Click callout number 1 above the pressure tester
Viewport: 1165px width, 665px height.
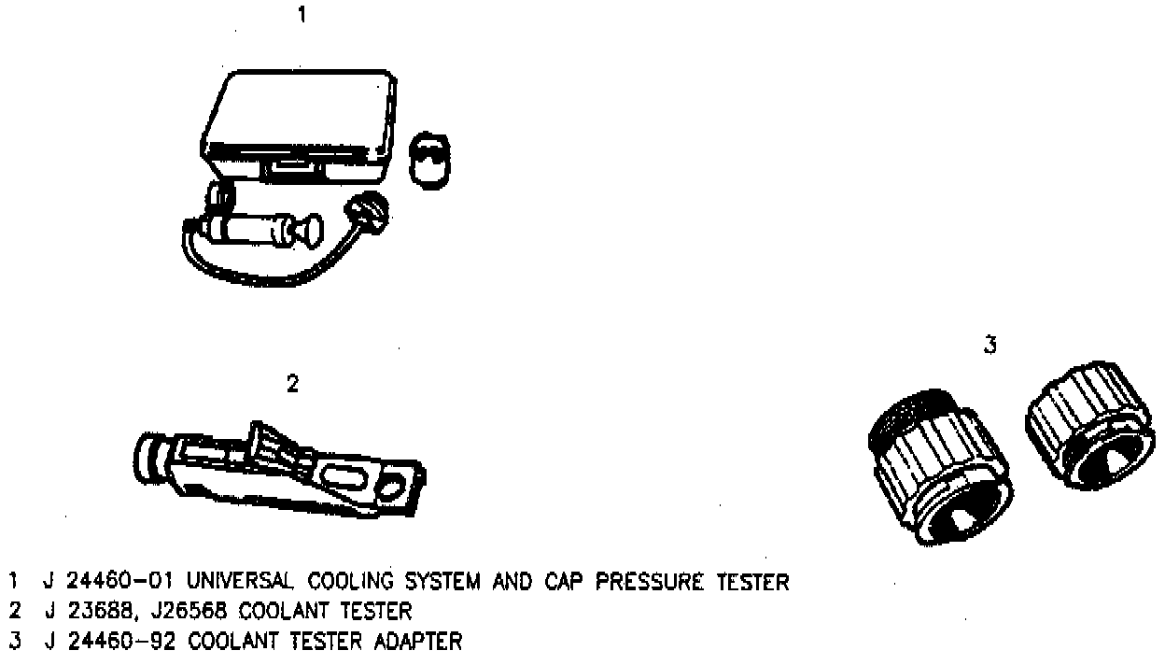click(x=301, y=16)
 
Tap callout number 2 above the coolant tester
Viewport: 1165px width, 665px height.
click(x=292, y=384)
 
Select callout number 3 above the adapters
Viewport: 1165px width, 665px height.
click(x=990, y=345)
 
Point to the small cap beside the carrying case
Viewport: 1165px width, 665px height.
click(x=429, y=161)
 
